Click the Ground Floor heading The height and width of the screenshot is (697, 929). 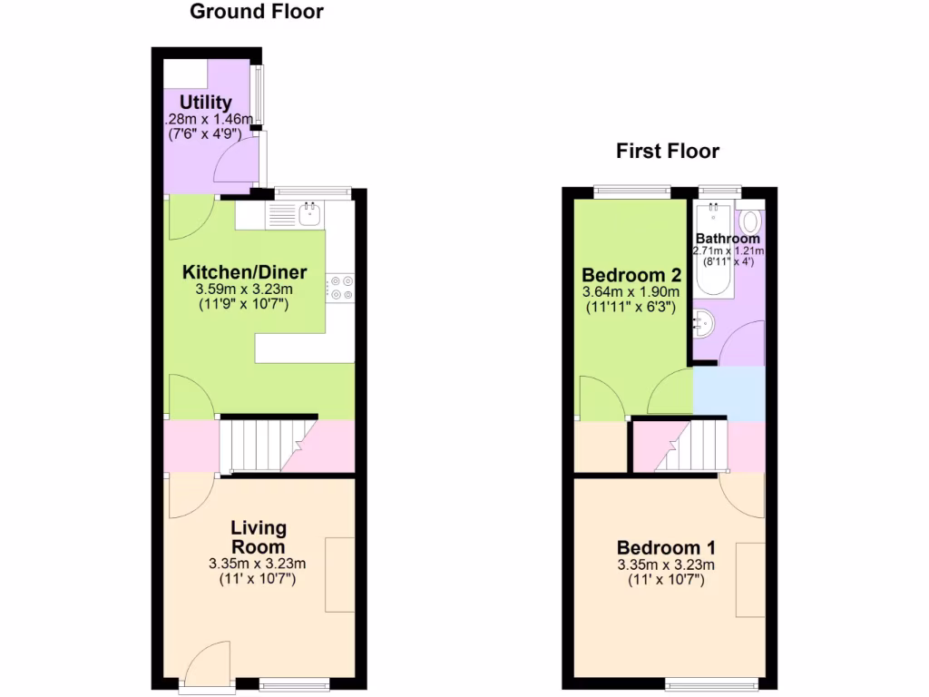point(256,12)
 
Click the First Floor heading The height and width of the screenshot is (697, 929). point(668,151)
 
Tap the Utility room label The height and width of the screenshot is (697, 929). point(205,102)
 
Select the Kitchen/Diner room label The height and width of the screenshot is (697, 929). point(245,272)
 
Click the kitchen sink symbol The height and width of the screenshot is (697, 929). point(309,214)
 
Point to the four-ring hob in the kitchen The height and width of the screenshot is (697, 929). point(341,288)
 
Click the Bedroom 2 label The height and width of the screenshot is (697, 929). point(631,275)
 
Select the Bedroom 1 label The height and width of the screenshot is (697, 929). point(666,548)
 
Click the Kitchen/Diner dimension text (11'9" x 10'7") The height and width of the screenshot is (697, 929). point(243,305)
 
